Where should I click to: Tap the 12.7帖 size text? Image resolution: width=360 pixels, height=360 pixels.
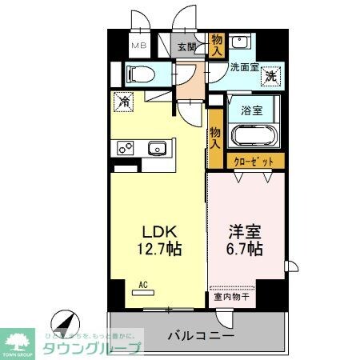point(159,249)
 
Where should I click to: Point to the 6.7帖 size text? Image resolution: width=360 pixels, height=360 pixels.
point(245,249)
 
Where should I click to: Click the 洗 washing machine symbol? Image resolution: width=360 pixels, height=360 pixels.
point(271,77)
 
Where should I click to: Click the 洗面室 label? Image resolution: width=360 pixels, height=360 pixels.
point(244,68)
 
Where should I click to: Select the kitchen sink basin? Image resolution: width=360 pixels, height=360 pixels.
point(158,147)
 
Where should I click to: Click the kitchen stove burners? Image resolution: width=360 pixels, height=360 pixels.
point(126,147)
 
